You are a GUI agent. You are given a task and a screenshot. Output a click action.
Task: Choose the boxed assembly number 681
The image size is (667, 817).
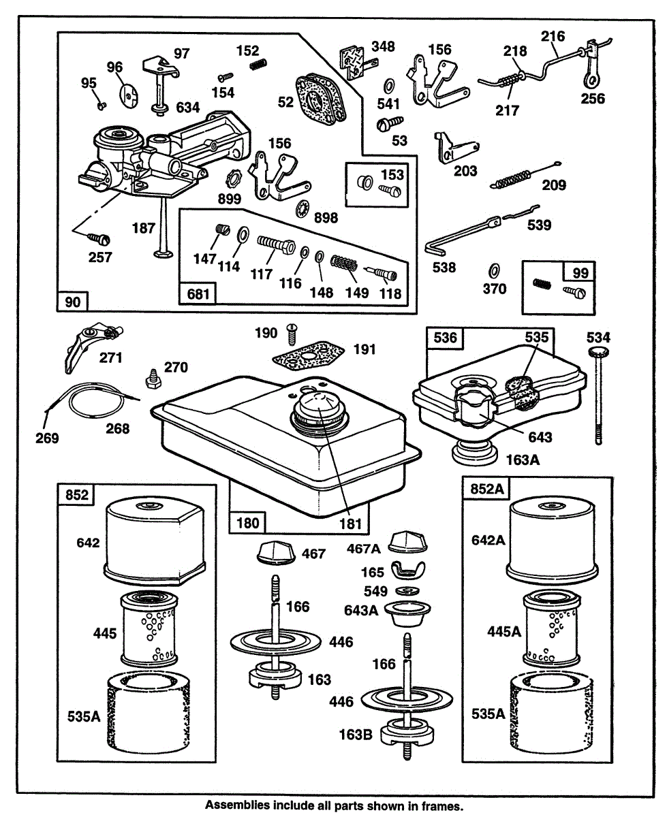[x=196, y=293]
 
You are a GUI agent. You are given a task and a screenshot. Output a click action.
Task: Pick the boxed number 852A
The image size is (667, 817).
[x=482, y=489]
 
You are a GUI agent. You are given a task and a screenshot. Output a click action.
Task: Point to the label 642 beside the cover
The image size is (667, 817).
[x=89, y=543]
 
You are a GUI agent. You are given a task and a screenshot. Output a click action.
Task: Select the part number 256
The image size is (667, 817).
[x=592, y=99]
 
